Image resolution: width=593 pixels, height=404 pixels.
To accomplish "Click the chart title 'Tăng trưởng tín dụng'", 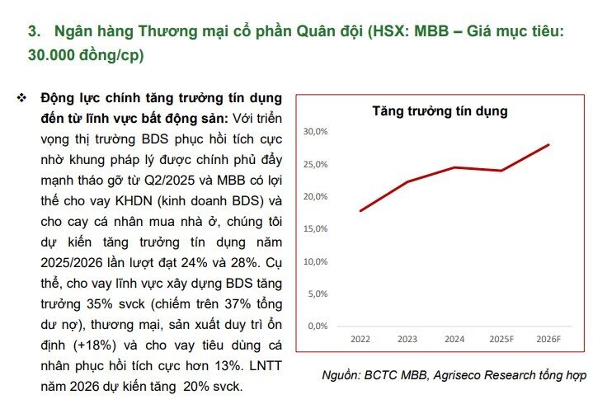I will click(440, 110).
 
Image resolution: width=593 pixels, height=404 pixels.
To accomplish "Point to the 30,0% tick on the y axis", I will click(316, 132).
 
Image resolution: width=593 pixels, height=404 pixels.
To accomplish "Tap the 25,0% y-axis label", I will click(316, 164).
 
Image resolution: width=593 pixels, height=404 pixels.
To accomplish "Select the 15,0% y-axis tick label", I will click(316, 228).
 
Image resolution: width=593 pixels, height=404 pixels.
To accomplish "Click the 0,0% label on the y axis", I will click(318, 326).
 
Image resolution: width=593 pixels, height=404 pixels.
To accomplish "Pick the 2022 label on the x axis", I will click(360, 339).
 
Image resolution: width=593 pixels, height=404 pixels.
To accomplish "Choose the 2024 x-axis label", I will click(454, 339).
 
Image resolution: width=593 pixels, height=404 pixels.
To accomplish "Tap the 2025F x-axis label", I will click(501, 339).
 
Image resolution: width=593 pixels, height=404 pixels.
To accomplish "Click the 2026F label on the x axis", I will click(548, 339).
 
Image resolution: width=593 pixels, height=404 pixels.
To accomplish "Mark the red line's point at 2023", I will click(407, 181).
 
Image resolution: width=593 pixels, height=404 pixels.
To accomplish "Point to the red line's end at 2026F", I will click(548, 144).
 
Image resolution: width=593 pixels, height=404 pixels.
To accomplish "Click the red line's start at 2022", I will click(360, 211).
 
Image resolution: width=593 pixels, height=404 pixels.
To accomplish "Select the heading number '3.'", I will click(35, 32).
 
